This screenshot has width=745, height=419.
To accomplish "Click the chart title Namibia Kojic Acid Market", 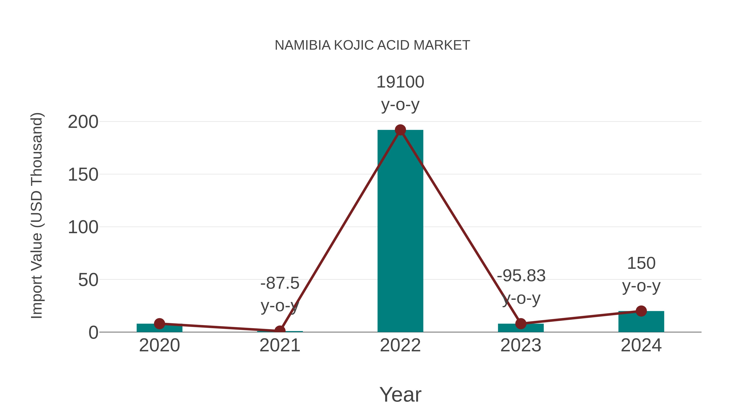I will pos(372,45).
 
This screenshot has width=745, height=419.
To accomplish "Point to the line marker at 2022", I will pos(400,130).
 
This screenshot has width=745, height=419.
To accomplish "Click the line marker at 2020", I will pos(159,324).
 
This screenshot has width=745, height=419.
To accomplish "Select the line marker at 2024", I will pos(641,311).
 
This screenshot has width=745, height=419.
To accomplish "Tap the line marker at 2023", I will pos(521,324).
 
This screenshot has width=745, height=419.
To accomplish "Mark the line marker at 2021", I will pos(280,330).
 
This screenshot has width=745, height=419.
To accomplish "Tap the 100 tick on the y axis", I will pos(83,227).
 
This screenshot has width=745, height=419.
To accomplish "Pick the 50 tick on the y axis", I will pos(88,280).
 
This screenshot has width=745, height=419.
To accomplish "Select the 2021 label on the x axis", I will pos(280,345).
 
